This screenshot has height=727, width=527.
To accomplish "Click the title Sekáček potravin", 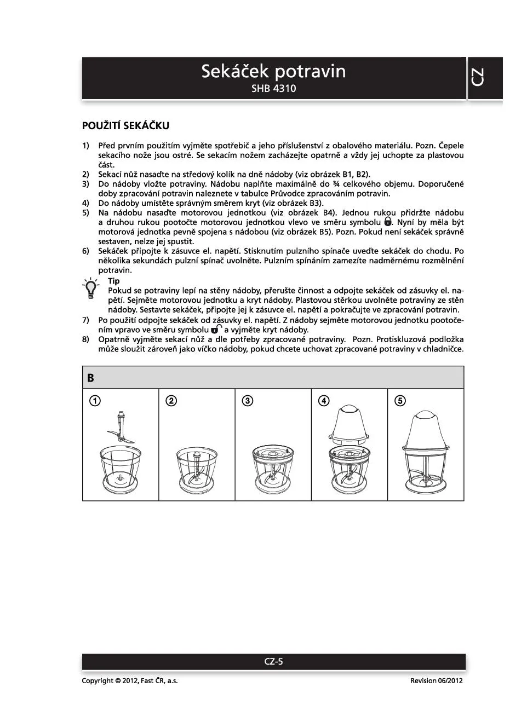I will pyautogui.click(x=273, y=72).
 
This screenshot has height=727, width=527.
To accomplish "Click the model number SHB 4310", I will pyautogui.click(x=273, y=89).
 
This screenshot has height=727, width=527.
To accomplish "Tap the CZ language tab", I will pyautogui.click(x=478, y=78).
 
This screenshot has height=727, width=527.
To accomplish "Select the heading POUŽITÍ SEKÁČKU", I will pyautogui.click(x=125, y=126).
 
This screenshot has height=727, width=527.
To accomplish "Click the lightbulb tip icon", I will pyautogui.click(x=90, y=289).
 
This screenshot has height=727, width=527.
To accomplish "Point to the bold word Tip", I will pyautogui.click(x=113, y=281).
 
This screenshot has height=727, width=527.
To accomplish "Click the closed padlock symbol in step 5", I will pyautogui.click(x=388, y=222).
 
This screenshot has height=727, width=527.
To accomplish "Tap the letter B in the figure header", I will pyautogui.click(x=90, y=378).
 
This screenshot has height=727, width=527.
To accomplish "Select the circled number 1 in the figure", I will pyautogui.click(x=95, y=401).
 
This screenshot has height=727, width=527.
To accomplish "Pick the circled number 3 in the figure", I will pyautogui.click(x=248, y=401).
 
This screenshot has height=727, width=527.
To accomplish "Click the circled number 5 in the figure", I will pyautogui.click(x=400, y=401).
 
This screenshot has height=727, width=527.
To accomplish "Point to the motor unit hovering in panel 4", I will pyautogui.click(x=349, y=424).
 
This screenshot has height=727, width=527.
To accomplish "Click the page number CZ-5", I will pyautogui.click(x=273, y=661).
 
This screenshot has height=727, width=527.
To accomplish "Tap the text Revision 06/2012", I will pyautogui.click(x=436, y=680).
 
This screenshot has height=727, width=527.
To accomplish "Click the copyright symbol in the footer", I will pyautogui.click(x=118, y=680).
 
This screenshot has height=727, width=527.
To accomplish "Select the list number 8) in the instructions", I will pyautogui.click(x=85, y=339).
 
